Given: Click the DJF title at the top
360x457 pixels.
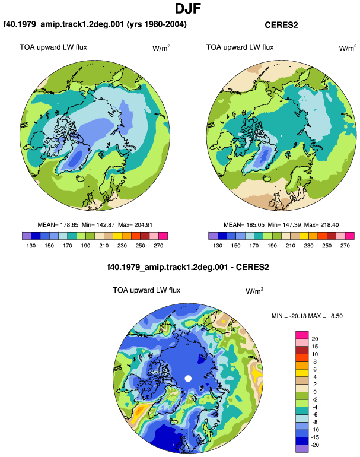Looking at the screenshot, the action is point(187,8).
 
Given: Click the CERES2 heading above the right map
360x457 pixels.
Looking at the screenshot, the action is point(281,25).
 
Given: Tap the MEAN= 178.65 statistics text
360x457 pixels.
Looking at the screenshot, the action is point(58,225).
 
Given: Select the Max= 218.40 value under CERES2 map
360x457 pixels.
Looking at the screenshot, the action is point(321,225).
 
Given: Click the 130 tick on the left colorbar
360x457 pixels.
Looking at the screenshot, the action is point(31,246).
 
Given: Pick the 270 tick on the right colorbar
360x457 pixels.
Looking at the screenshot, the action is point(345,246).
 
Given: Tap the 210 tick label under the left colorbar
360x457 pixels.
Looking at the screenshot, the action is point(104,246).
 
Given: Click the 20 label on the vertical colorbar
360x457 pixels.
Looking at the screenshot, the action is point(315,339).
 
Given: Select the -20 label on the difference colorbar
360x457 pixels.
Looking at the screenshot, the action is point(315,445).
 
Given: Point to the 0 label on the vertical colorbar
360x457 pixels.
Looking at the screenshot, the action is point(315,392).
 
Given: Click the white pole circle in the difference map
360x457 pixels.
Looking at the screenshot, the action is point(188,379).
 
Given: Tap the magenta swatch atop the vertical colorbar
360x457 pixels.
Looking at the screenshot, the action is point(302,335).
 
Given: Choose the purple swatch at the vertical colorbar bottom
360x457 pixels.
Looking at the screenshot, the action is point(302,449).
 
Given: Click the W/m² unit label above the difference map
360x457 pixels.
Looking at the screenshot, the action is point(254,291).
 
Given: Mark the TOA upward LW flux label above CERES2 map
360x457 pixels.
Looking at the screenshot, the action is point(240,47).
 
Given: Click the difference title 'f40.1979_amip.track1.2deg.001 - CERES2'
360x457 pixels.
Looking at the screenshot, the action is point(188,267).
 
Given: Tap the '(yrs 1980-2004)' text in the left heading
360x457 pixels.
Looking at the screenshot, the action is point(157,24).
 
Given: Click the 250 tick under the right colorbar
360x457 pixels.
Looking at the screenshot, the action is point(327,246).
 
